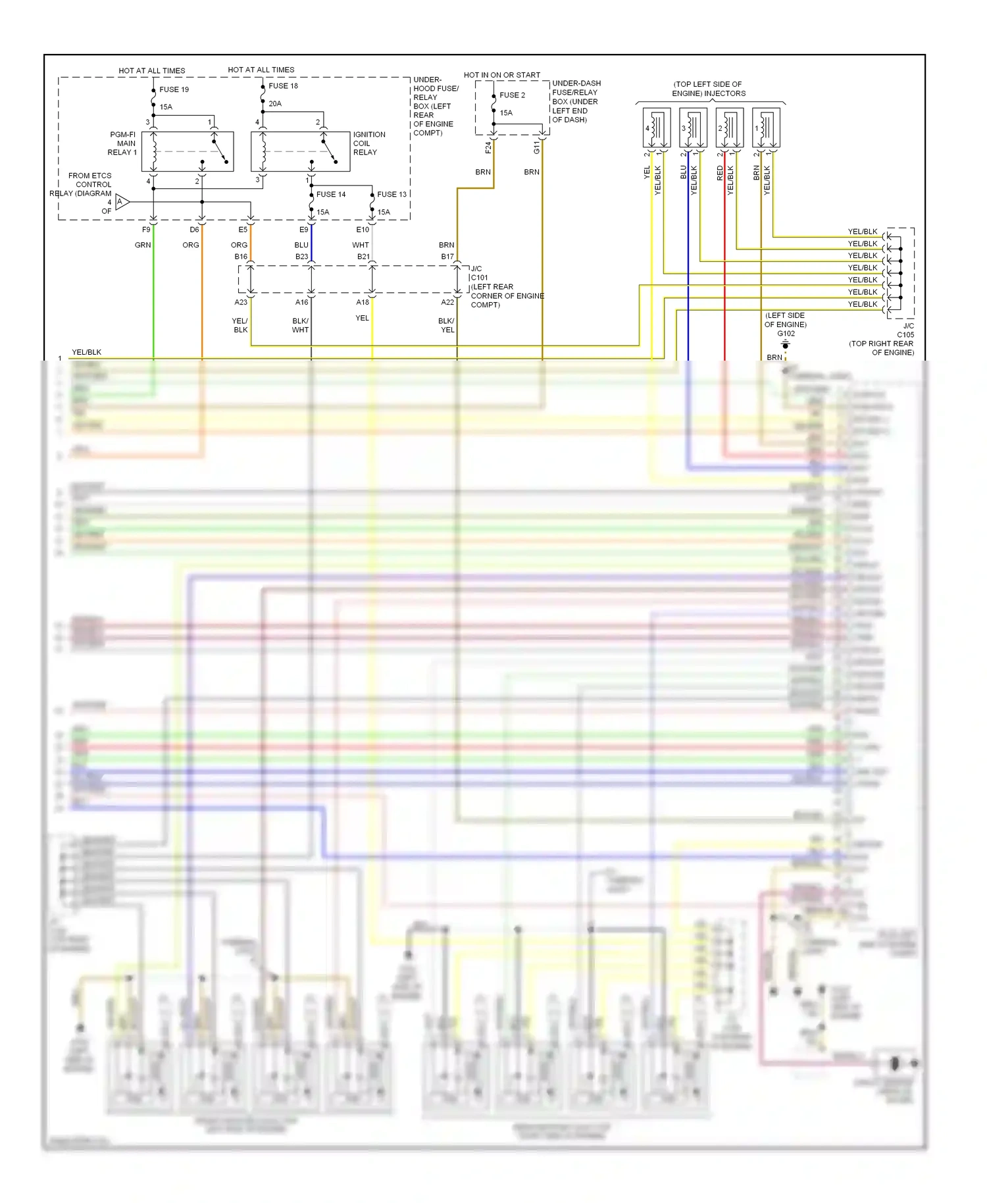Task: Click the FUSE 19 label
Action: (x=174, y=90)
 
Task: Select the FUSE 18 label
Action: (x=283, y=86)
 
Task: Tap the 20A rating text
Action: (x=275, y=104)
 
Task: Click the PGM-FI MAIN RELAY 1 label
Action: (x=122, y=143)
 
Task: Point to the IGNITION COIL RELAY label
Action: (x=368, y=143)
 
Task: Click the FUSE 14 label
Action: (x=330, y=195)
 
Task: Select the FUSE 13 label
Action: (x=392, y=195)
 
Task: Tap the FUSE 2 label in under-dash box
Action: (x=512, y=95)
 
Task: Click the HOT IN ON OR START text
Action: (x=501, y=75)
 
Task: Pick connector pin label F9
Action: (x=146, y=230)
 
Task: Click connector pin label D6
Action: (x=194, y=230)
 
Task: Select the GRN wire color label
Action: (x=143, y=245)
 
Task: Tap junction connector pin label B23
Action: (x=301, y=257)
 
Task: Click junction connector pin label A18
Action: (x=363, y=302)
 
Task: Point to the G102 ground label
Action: (x=786, y=334)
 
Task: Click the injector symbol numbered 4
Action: (x=656, y=128)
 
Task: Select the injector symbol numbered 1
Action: (x=766, y=128)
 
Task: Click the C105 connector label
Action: (x=905, y=334)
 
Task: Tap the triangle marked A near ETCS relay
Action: (x=122, y=202)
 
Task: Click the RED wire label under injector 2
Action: (x=720, y=173)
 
